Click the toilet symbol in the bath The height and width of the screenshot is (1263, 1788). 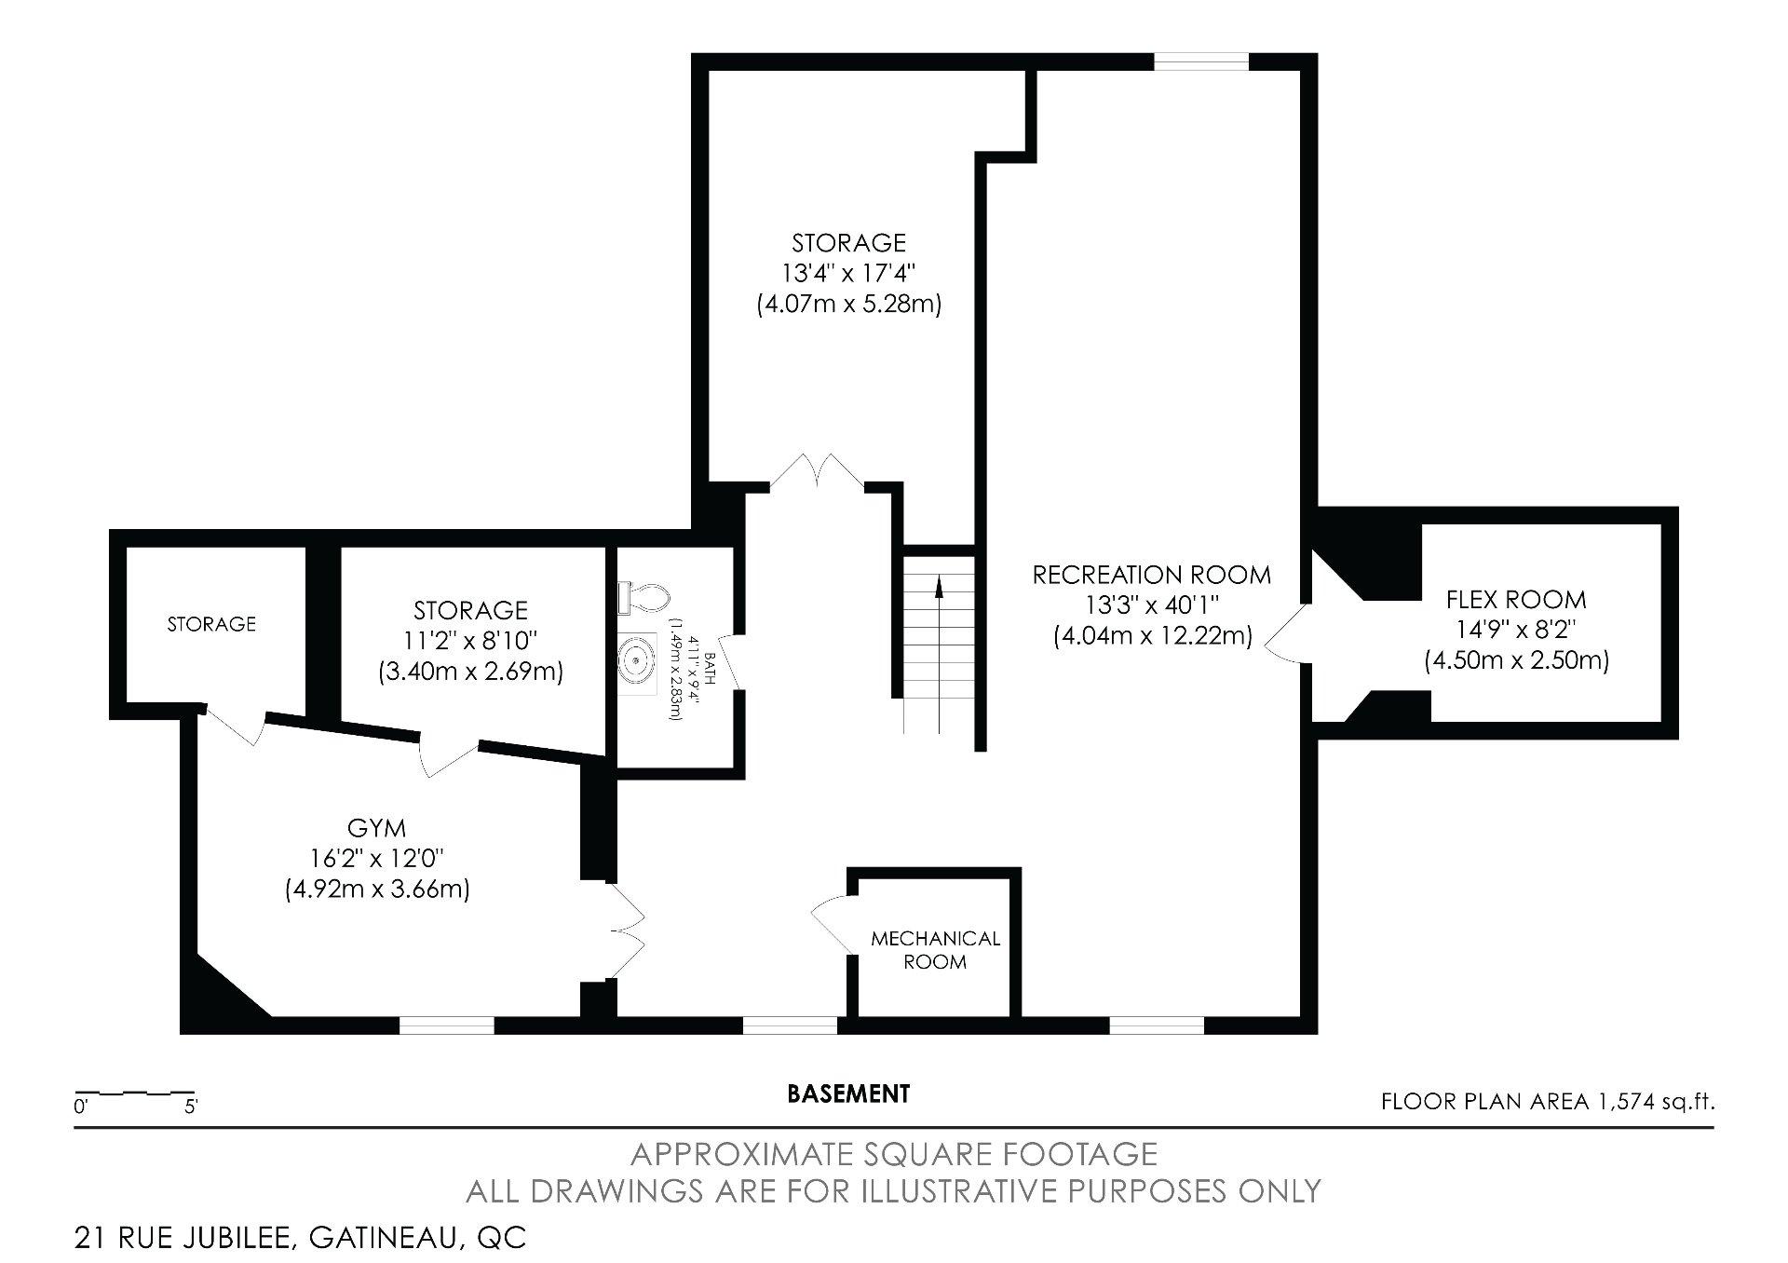(x=643, y=597)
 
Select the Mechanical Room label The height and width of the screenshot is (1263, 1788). (x=935, y=950)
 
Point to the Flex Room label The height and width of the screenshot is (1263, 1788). (x=1516, y=599)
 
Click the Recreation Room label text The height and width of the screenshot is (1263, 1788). (x=1152, y=575)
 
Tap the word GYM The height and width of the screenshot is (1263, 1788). (x=376, y=827)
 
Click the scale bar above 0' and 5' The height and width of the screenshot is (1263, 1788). (x=135, y=1092)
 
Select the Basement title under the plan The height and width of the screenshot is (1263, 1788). (x=848, y=1093)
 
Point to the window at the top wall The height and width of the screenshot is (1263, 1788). (x=1201, y=61)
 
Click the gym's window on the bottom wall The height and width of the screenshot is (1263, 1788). (x=447, y=1025)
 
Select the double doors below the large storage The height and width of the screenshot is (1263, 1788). (x=818, y=470)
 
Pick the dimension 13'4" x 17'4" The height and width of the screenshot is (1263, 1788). (x=848, y=274)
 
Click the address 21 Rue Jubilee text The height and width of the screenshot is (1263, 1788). (x=300, y=1238)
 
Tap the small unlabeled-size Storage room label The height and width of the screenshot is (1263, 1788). (x=211, y=624)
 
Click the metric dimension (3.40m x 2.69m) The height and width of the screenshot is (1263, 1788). (x=470, y=672)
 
